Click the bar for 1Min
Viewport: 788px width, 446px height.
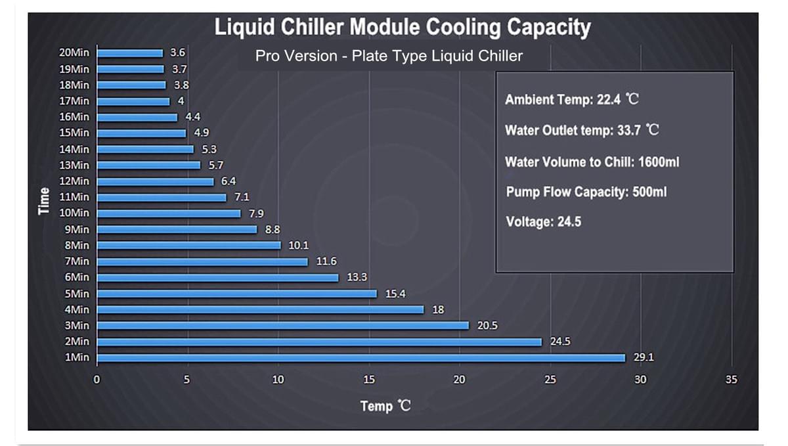[x=361, y=358]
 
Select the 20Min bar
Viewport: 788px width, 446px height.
[x=129, y=53]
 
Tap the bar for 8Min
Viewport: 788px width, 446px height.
[x=188, y=245]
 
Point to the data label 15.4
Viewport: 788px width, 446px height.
[x=395, y=294]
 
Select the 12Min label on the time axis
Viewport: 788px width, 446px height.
[x=74, y=181]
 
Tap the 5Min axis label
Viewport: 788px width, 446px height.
[x=77, y=294]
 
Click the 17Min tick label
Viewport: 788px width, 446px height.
[x=74, y=101]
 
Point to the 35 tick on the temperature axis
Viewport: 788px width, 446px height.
[x=731, y=380]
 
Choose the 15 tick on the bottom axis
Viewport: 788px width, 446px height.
[x=369, y=380]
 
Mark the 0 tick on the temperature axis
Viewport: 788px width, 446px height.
[x=97, y=380]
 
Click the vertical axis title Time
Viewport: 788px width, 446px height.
[x=45, y=200]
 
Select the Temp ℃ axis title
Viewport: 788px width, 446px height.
[x=385, y=406]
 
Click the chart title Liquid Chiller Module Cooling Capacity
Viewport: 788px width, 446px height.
[x=403, y=28]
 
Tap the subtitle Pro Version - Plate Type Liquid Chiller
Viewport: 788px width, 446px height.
[x=389, y=56]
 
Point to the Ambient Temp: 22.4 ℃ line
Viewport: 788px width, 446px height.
[x=571, y=100]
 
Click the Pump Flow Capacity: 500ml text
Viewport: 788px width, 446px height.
[x=586, y=192]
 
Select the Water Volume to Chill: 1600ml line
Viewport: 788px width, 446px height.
[x=592, y=162]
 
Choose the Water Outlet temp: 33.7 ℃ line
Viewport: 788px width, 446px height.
[x=582, y=130]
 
